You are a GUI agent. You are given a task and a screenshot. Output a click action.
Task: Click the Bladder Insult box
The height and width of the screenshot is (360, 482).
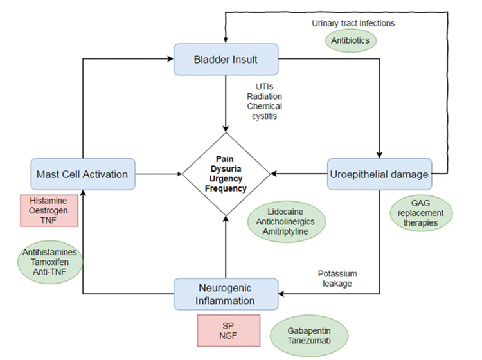click(226, 60)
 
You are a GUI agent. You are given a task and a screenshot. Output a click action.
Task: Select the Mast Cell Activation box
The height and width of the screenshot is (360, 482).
click(82, 174)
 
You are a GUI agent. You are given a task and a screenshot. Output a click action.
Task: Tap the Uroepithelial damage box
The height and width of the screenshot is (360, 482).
click(379, 174)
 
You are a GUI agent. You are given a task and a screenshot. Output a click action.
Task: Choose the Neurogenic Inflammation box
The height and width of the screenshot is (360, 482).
click(226, 294)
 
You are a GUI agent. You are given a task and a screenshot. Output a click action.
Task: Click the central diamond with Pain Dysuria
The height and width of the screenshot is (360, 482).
click(226, 173)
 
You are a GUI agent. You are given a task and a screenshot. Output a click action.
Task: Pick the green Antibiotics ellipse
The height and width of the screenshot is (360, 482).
click(350, 40)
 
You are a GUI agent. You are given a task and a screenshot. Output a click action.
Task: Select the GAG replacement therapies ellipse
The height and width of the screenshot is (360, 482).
click(422, 212)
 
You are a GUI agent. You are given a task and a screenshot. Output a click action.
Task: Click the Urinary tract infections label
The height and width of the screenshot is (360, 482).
click(353, 23)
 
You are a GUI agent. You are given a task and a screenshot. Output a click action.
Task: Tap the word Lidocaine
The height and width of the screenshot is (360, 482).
click(287, 211)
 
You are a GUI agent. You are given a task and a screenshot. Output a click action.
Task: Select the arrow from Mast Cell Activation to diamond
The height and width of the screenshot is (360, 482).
click(158, 174)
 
